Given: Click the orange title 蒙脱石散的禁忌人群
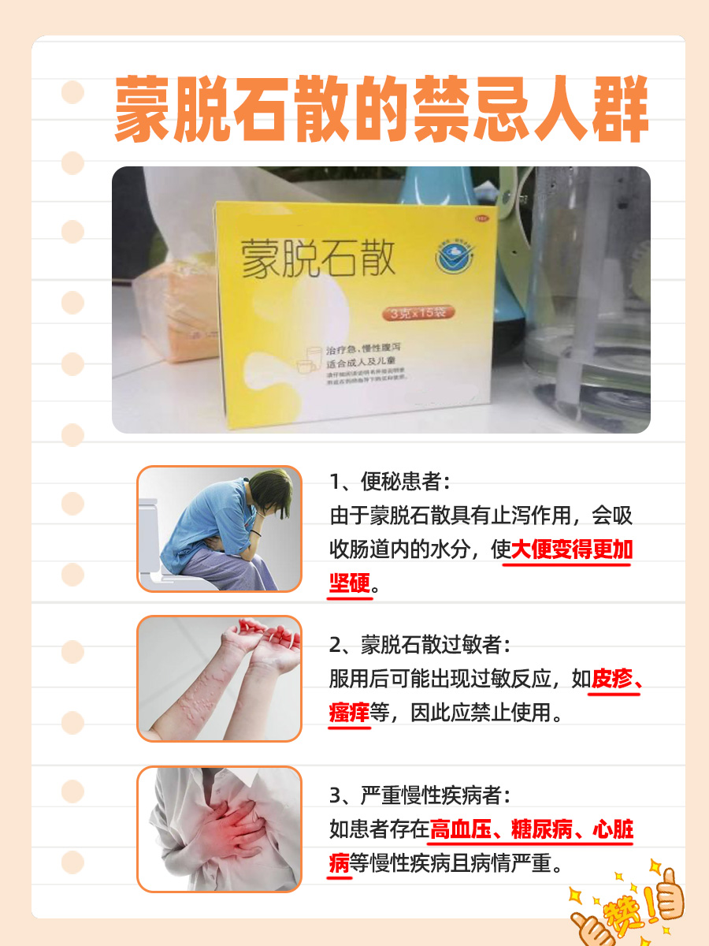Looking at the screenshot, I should [x=381, y=110].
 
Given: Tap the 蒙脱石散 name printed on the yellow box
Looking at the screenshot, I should [x=318, y=259].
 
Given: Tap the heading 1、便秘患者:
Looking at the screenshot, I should [x=392, y=482].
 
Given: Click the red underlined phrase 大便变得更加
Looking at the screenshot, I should [x=572, y=550].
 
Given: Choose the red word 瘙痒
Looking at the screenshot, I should [x=349, y=713].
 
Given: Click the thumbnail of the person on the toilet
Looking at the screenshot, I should [x=219, y=528].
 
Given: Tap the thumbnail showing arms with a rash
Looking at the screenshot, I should [x=219, y=679].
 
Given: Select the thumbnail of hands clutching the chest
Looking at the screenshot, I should [x=219, y=829].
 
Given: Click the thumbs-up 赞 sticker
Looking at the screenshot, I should [x=629, y=907].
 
